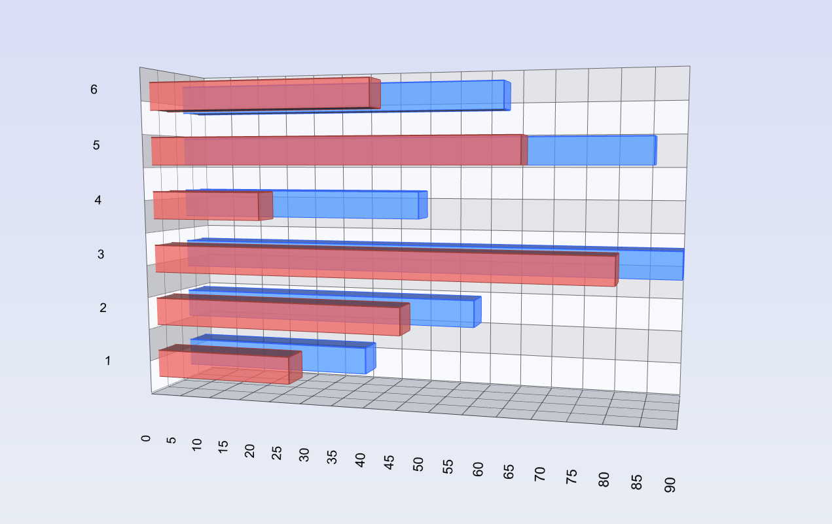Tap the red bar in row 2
279,317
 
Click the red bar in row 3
386,264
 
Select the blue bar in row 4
347,205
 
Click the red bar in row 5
336,151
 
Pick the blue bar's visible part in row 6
442,96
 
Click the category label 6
94,90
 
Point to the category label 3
101,254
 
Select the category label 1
108,360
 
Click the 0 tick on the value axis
146,438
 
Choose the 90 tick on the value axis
670,485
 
